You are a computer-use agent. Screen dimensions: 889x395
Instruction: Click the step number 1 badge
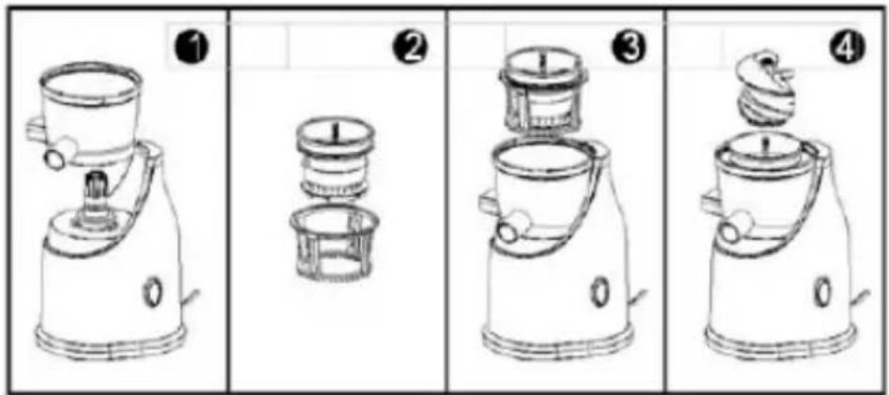(x=194, y=47)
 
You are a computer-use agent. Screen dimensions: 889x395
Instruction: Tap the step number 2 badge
(x=411, y=47)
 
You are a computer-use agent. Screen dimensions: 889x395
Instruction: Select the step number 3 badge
(x=627, y=47)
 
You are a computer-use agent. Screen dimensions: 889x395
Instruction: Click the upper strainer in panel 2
(x=336, y=155)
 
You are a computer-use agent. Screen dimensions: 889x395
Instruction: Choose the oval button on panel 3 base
(x=598, y=293)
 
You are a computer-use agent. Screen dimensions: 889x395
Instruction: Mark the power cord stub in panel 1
(x=190, y=296)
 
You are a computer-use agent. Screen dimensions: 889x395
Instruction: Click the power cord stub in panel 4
(x=861, y=296)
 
